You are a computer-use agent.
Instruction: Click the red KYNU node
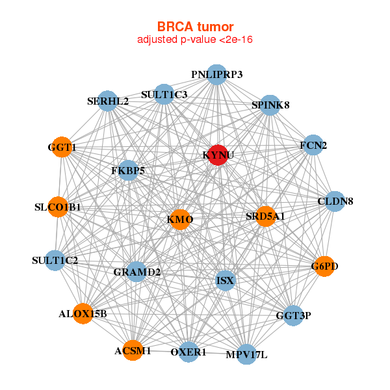217,155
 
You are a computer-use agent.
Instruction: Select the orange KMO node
180,220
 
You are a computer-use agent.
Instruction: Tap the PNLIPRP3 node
216,75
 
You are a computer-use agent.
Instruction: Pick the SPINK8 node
270,105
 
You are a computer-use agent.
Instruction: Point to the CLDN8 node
335,201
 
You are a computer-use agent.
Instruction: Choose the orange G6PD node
324,266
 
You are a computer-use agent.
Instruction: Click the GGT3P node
293,316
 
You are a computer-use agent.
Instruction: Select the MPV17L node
246,354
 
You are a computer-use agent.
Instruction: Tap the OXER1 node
188,352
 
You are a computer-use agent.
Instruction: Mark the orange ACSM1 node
133,350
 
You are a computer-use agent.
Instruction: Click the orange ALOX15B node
83,314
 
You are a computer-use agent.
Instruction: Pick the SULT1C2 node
55,261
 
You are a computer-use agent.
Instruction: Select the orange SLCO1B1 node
58,207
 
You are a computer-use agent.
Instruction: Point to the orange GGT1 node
62,148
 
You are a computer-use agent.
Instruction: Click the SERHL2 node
108,102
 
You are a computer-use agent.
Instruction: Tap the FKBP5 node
128,171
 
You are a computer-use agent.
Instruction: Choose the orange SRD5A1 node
265,216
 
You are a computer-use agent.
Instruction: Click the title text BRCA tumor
195,27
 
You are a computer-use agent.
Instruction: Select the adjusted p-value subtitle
195,40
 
